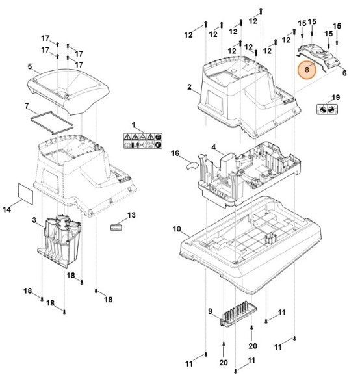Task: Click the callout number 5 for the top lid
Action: (x=30, y=66)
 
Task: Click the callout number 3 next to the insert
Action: (x=33, y=222)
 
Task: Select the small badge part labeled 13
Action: (x=118, y=227)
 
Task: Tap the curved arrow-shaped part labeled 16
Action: (x=190, y=165)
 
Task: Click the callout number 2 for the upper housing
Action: (x=189, y=86)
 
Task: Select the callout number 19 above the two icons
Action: (x=336, y=97)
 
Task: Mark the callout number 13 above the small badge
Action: (x=131, y=215)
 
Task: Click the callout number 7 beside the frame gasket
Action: (x=26, y=105)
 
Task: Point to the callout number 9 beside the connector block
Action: (x=211, y=311)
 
